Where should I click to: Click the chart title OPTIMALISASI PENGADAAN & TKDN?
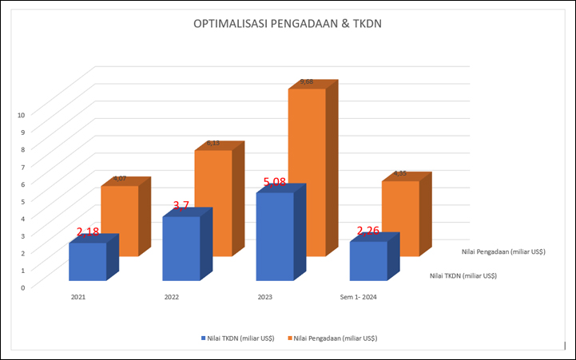click(288, 24)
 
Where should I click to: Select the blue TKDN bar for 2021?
click(87, 262)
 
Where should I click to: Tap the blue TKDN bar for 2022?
click(181, 248)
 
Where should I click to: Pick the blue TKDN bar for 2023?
click(275, 236)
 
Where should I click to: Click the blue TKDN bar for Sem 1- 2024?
click(368, 261)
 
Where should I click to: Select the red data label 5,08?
click(274, 182)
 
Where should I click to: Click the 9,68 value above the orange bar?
click(307, 82)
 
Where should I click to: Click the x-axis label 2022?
click(171, 297)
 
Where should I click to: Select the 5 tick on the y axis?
click(22, 201)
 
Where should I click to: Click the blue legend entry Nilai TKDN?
click(238, 338)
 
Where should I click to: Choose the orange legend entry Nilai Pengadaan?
click(332, 338)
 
